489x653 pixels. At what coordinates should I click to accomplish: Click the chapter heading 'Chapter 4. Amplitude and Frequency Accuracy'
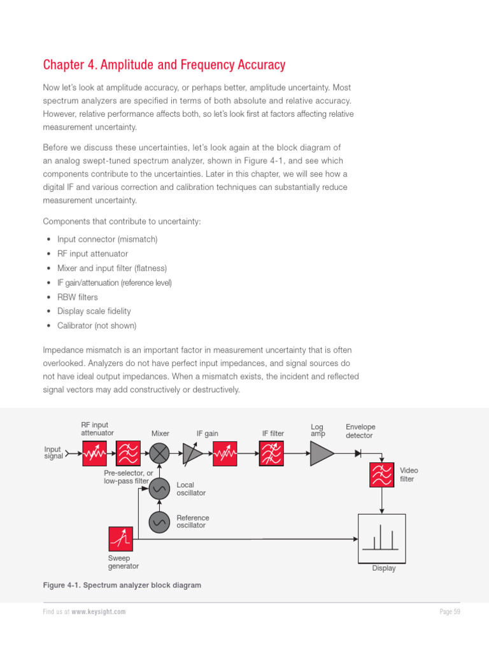164,65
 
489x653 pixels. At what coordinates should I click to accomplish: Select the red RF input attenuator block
95,454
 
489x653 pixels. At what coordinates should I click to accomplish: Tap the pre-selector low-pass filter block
128,454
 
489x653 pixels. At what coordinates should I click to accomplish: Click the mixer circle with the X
160,454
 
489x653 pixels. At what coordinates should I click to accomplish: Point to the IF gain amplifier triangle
192,454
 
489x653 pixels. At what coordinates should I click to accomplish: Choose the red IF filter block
271,454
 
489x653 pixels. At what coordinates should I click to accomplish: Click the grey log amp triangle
322,454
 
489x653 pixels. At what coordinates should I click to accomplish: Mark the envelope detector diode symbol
358,454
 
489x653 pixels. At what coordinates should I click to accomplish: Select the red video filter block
382,475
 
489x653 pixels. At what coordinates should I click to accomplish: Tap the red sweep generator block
121,539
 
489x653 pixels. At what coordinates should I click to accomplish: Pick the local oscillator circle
160,488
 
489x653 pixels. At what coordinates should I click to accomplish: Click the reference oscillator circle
160,522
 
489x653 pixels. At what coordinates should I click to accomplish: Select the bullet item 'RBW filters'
78,297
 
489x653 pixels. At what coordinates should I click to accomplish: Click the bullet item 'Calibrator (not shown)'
97,326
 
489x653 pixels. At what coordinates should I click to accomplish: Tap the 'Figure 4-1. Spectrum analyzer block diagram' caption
122,585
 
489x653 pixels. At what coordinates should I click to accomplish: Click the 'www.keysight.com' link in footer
98,612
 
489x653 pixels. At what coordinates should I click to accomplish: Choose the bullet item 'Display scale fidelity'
94,311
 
